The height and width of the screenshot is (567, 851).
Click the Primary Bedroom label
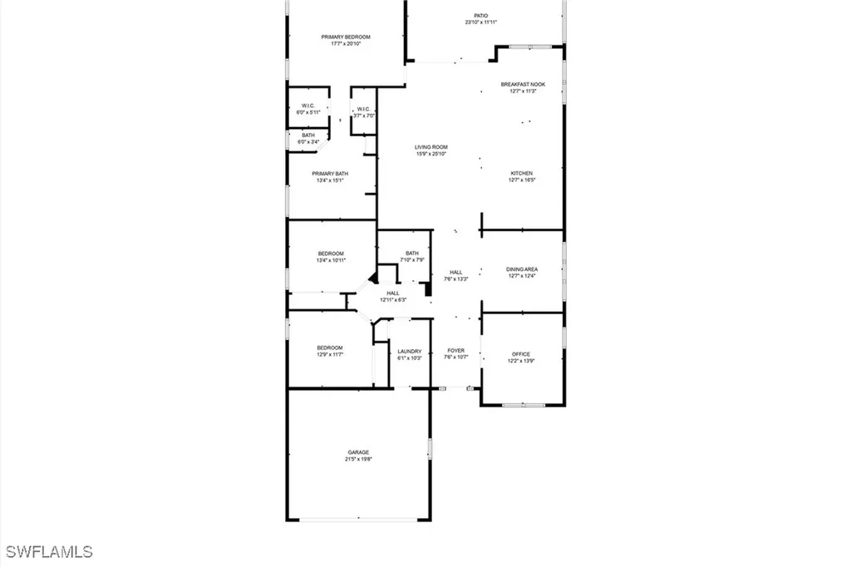pyautogui.click(x=346, y=37)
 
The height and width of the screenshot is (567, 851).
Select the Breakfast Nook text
pyautogui.click(x=523, y=85)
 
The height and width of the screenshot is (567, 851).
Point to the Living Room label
pyautogui.click(x=431, y=147)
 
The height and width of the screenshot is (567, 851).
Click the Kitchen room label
pyautogui.click(x=522, y=173)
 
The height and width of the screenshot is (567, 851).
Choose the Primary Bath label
pyautogui.click(x=330, y=174)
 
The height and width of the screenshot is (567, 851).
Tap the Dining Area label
pyautogui.click(x=522, y=269)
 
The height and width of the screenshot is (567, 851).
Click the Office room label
pyautogui.click(x=519, y=354)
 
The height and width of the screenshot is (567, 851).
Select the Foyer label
pyautogui.click(x=456, y=351)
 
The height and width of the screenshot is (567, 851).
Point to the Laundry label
pyautogui.click(x=410, y=351)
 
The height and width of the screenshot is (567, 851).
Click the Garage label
pyautogui.click(x=358, y=452)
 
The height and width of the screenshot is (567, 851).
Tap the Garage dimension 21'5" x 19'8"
pyautogui.click(x=358, y=459)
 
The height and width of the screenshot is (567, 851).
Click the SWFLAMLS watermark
pyautogui.click(x=49, y=551)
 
